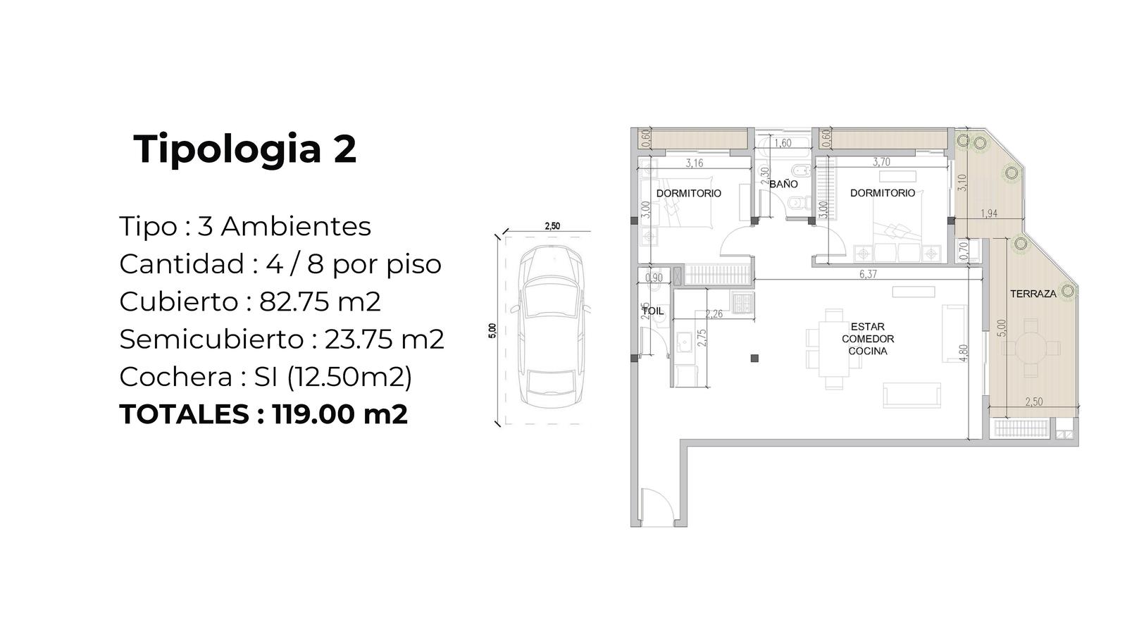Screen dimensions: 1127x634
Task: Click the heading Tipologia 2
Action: coord(245,149)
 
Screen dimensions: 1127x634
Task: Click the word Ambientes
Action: coord(296,226)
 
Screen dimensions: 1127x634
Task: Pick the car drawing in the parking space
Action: coord(552,326)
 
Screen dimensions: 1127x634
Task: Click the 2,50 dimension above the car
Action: coord(552,226)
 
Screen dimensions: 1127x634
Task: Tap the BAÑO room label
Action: coord(783,184)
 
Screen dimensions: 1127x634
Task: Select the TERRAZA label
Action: coord(1033,294)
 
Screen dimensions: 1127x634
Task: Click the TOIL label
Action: coord(652,311)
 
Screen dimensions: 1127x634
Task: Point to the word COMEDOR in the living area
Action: coord(868,339)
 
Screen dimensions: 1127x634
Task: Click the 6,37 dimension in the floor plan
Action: coord(868,274)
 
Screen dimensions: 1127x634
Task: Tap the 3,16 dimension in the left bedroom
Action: coord(695,163)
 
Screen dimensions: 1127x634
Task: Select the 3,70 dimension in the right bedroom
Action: coord(881,162)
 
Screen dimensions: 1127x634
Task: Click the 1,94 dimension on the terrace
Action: coord(989,214)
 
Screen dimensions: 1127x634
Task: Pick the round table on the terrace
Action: coord(1031,348)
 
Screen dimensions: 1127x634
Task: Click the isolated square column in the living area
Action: coord(754,359)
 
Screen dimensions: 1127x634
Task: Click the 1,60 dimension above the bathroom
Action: coord(783,144)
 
